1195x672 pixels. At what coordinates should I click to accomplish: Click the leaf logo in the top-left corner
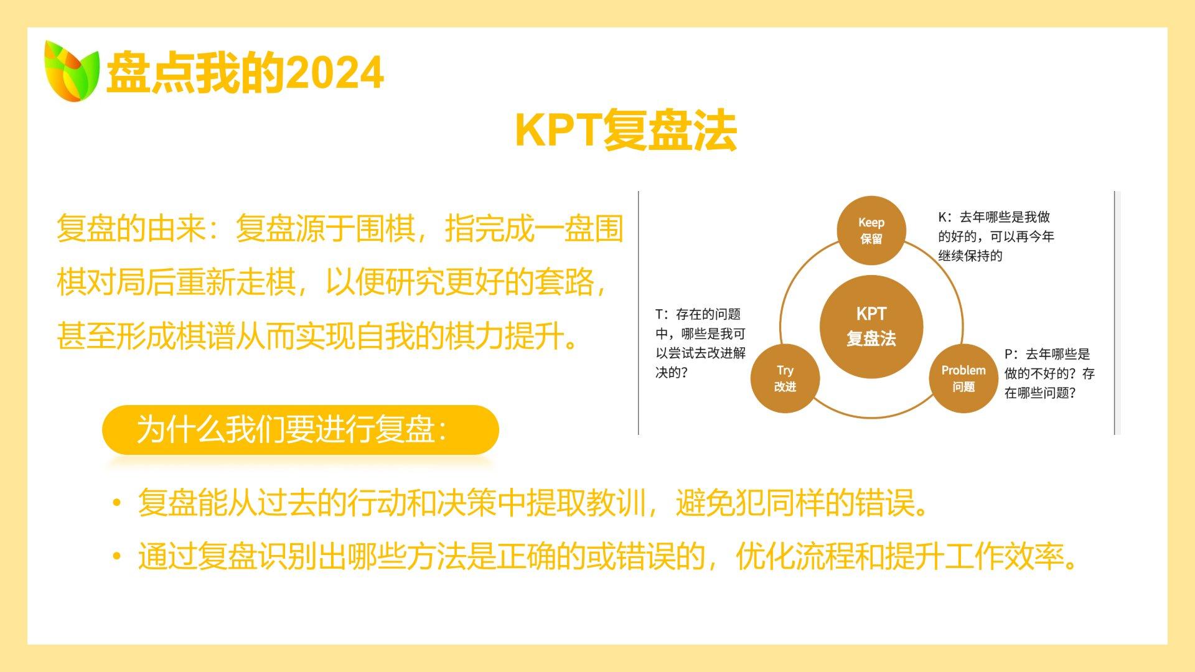(x=72, y=71)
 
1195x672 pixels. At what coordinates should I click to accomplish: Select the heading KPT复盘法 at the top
(x=626, y=130)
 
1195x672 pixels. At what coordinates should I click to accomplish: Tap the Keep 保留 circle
(x=871, y=231)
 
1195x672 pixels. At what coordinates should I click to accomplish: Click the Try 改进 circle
(x=785, y=378)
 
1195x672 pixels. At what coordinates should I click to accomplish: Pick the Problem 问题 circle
(x=963, y=378)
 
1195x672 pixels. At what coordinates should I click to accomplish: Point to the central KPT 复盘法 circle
(x=871, y=327)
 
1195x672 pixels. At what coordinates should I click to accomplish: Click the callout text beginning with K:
(x=996, y=236)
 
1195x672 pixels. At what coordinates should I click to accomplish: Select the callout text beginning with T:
(x=700, y=343)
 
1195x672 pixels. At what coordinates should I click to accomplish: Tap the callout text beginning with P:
(x=1049, y=373)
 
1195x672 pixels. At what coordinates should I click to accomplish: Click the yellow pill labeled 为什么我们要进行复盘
(x=301, y=430)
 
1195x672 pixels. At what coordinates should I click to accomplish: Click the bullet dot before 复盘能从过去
(x=116, y=503)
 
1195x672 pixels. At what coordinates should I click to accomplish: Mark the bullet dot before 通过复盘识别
(x=116, y=556)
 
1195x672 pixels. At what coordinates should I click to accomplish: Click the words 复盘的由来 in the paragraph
(x=131, y=228)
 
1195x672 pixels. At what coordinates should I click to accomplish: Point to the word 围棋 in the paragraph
(x=385, y=228)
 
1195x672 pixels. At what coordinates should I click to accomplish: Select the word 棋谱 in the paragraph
(x=205, y=337)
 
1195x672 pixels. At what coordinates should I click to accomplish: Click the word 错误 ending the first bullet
(x=884, y=503)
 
